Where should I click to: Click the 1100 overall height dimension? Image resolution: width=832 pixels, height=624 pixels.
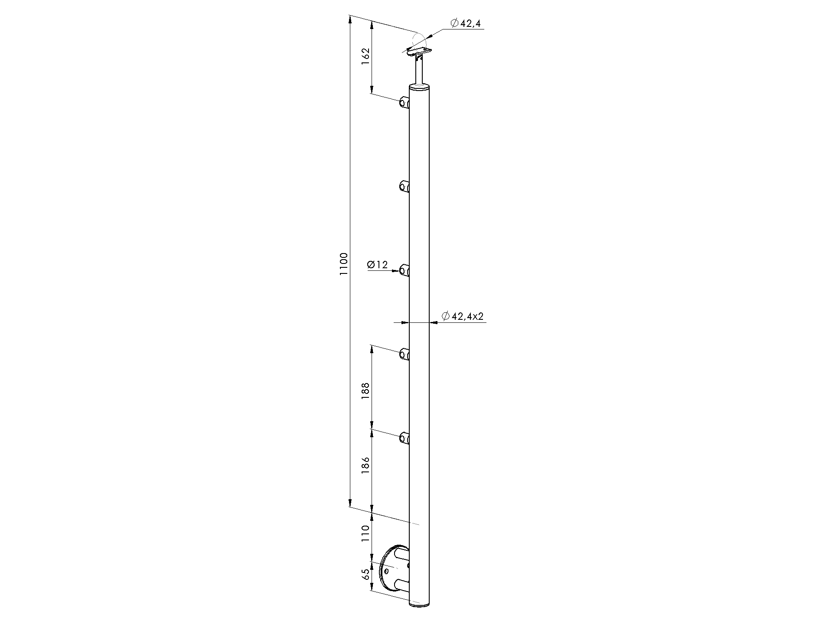tap(343, 264)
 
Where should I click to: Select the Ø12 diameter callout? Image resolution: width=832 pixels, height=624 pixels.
tap(377, 265)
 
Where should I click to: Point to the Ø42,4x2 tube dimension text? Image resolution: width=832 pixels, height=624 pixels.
tap(462, 316)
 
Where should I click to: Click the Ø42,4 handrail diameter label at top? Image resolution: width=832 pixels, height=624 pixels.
tap(465, 23)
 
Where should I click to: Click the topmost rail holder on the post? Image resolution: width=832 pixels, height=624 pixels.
tap(404, 104)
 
